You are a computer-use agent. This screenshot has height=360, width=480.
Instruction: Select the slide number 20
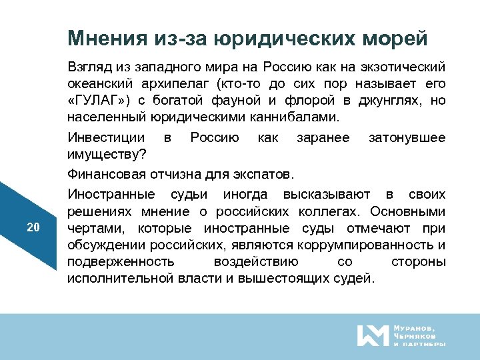pos(33,227)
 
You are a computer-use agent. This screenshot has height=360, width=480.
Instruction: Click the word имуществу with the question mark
pos(110,155)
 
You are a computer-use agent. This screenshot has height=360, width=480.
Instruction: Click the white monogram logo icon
pos(371,335)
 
